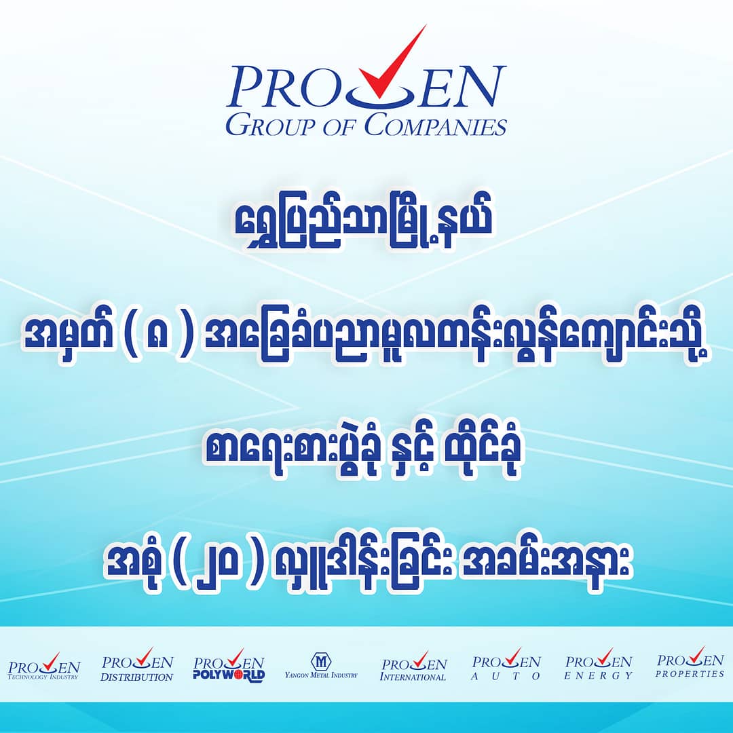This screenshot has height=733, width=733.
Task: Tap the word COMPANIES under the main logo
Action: coord(435,126)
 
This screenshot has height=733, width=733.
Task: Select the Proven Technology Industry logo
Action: coord(43,666)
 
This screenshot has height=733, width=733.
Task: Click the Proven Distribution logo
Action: coord(137,664)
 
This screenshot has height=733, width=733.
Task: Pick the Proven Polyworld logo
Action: coord(229,664)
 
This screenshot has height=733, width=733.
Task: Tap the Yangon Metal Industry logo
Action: coord(321,665)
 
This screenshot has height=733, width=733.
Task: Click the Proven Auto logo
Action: coord(506,664)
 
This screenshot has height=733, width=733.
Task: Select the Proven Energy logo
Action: coord(599,664)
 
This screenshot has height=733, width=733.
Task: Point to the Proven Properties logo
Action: coord(690,662)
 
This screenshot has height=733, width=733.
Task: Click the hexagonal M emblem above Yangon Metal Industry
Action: coord(321,661)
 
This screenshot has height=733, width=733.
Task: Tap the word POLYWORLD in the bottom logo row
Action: coord(229,675)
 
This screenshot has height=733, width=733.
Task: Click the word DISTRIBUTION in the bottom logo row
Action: coord(137,677)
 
